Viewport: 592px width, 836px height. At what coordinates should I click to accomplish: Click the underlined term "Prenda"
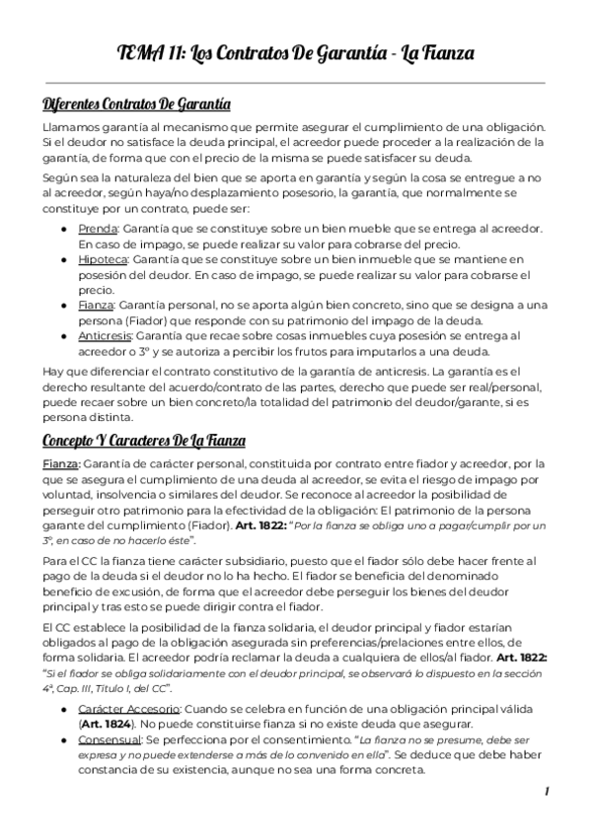pyautogui.click(x=97, y=228)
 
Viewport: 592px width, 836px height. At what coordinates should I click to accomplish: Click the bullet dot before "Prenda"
pyautogui.click(x=65, y=229)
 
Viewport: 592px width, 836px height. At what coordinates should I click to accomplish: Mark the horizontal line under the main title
pyautogui.click(x=295, y=83)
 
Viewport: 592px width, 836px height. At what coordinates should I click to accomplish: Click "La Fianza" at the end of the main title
pyautogui.click(x=440, y=54)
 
